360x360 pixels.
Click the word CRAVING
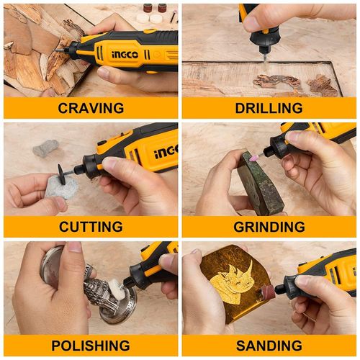[90, 108]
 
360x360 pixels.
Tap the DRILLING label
[269, 108]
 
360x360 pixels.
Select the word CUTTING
[90, 227]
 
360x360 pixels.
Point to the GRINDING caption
[269, 227]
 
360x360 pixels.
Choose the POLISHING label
[90, 346]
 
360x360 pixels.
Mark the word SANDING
[269, 346]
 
